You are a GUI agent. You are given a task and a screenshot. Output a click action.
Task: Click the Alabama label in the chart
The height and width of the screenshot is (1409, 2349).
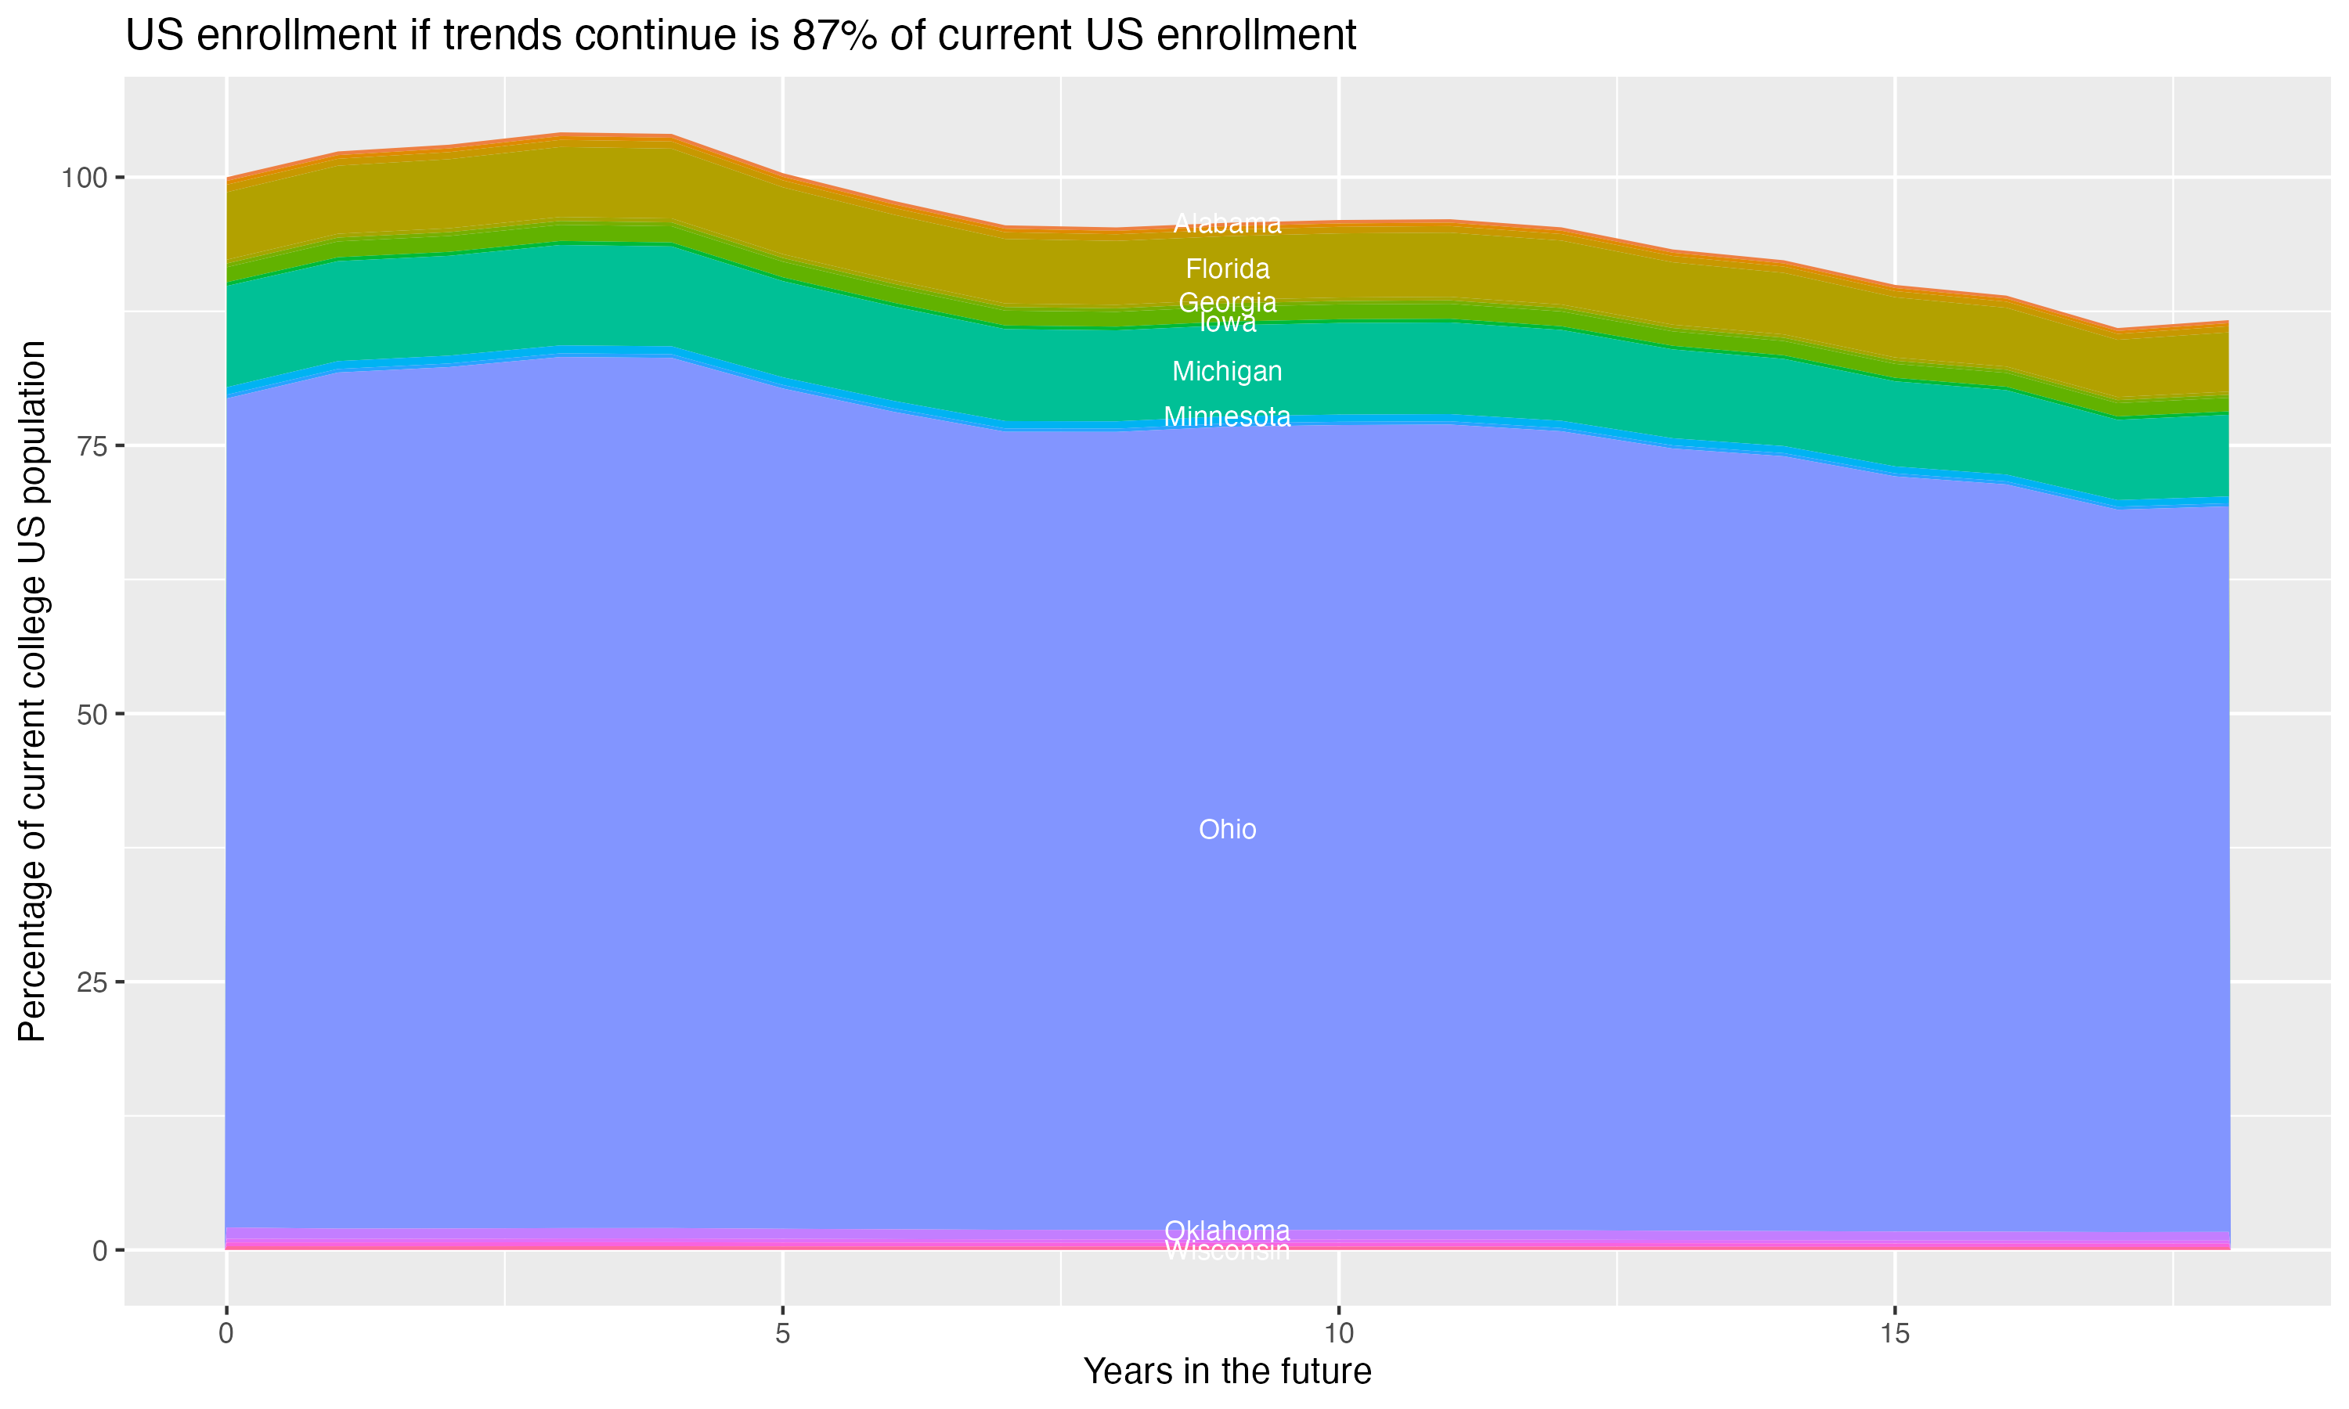[x=1227, y=224]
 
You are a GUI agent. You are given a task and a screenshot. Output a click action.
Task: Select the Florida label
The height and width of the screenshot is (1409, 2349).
[x=1227, y=268]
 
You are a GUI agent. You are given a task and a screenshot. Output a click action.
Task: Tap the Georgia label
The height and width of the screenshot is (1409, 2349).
[x=1227, y=303]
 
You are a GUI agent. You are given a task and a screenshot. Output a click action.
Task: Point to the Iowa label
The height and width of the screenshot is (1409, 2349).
[x=1227, y=324]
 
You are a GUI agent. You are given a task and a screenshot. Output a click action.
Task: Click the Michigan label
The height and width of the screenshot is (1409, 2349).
[x=1227, y=371]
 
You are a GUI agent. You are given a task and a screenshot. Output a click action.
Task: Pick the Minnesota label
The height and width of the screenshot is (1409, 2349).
[x=1227, y=416]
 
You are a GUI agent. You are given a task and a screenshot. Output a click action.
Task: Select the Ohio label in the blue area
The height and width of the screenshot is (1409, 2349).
[x=1227, y=830]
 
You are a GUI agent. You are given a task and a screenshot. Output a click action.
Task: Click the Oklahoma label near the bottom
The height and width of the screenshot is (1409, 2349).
[x=1227, y=1231]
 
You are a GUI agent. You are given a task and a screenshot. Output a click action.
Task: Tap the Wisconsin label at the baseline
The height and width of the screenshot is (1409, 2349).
[x=1227, y=1252]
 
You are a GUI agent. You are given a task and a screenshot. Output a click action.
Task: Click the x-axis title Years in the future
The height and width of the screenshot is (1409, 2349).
[x=1227, y=1372]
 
